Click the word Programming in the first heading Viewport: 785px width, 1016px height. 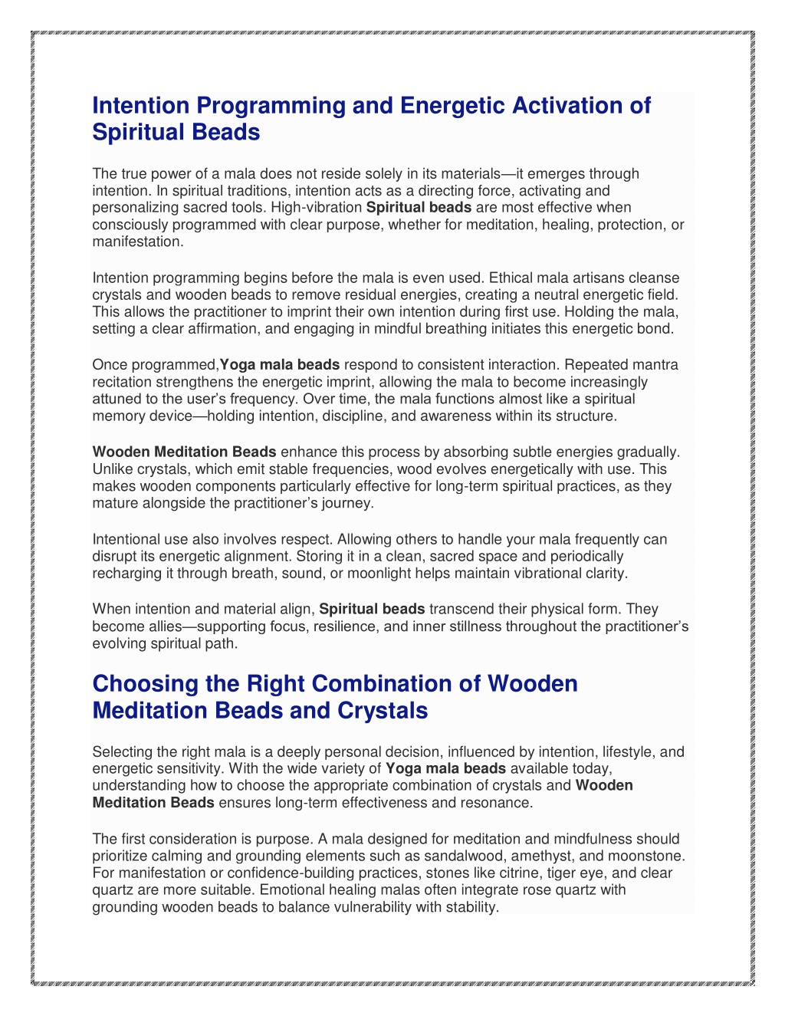[x=270, y=106]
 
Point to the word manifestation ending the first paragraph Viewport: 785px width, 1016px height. [x=137, y=242]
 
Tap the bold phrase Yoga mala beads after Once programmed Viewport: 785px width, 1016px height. [x=280, y=365]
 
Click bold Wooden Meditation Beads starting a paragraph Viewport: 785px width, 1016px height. [x=184, y=452]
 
